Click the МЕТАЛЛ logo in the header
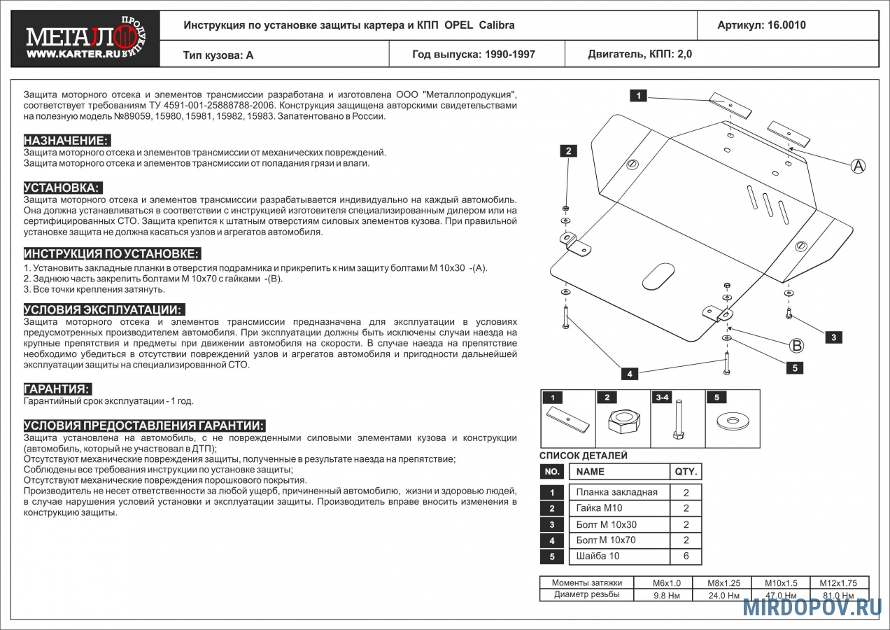(x=85, y=39)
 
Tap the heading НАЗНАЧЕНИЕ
(x=66, y=140)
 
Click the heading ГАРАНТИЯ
(x=57, y=389)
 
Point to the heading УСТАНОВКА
(x=62, y=188)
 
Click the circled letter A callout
(x=858, y=166)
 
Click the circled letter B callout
(x=796, y=345)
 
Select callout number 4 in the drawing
(x=629, y=374)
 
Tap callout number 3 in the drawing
(x=833, y=337)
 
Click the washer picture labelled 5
(x=732, y=422)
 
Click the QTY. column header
(x=685, y=471)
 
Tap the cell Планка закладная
(x=616, y=492)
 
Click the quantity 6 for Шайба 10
(x=686, y=556)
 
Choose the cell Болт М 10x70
(x=606, y=540)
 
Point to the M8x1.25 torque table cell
(x=723, y=582)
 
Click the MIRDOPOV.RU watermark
(x=812, y=607)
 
